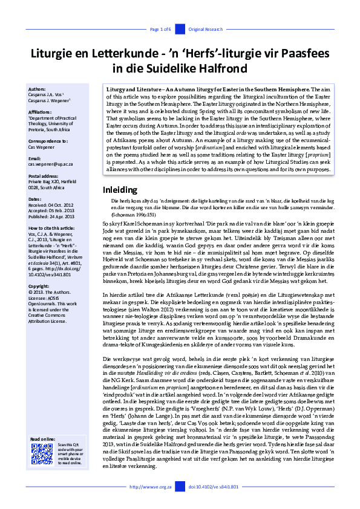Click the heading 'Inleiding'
click(121, 190)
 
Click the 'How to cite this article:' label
click(52, 229)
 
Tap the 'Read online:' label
click(42, 438)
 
